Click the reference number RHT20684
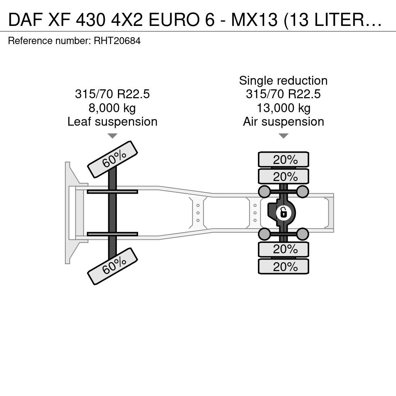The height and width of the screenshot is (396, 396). [117, 41]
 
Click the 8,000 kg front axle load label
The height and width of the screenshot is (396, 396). [112, 108]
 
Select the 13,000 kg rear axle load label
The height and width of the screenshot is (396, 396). [283, 108]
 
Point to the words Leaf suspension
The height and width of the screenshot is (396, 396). [113, 122]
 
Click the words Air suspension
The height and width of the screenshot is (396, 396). [283, 122]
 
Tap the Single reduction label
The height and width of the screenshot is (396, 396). [283, 81]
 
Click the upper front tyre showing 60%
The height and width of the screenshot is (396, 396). [113, 159]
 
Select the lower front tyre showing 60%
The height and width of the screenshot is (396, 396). [113, 266]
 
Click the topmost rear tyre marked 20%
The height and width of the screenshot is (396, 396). [283, 159]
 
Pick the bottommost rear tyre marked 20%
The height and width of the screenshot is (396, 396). [283, 266]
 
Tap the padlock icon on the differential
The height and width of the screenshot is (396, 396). [283, 213]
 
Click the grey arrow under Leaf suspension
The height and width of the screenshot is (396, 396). [113, 136]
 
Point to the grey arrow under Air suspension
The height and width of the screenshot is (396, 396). [283, 136]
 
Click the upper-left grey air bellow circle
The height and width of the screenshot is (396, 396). [265, 191]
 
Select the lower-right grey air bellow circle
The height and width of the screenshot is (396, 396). [302, 234]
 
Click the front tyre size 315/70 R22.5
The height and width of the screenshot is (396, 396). [113, 94]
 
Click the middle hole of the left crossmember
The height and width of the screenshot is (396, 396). [198, 213]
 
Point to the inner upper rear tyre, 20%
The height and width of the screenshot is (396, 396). [283, 176]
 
